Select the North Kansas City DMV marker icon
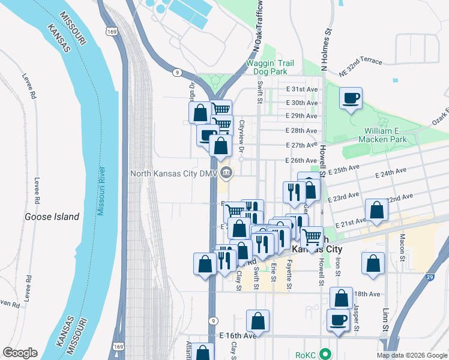(226, 174)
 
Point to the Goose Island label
(52, 217)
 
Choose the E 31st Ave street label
(301, 89)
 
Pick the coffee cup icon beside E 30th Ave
(351, 98)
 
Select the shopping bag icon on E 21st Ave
(376, 211)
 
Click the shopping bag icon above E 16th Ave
(258, 321)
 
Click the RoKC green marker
(325, 354)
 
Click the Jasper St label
(356, 319)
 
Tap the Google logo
(20, 353)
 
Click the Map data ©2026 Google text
(411, 355)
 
